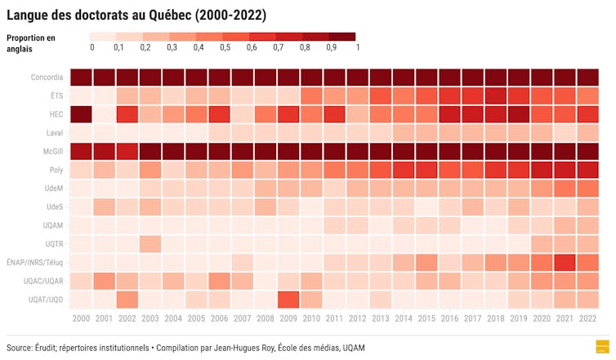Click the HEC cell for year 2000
pyautogui.click(x=80, y=114)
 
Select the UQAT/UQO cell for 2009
pyautogui.click(x=288, y=299)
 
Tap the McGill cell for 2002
pyautogui.click(x=127, y=151)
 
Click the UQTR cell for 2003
pyautogui.click(x=150, y=243)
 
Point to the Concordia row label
pyautogui.click(x=47, y=78)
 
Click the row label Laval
pyautogui.click(x=53, y=133)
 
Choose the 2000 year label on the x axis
pyautogui.click(x=80, y=318)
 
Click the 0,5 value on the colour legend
pyautogui.click(x=224, y=48)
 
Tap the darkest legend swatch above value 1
pyautogui.click(x=343, y=37)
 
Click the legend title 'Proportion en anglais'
pyautogui.click(x=31, y=42)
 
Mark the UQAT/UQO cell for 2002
pyautogui.click(x=127, y=299)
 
